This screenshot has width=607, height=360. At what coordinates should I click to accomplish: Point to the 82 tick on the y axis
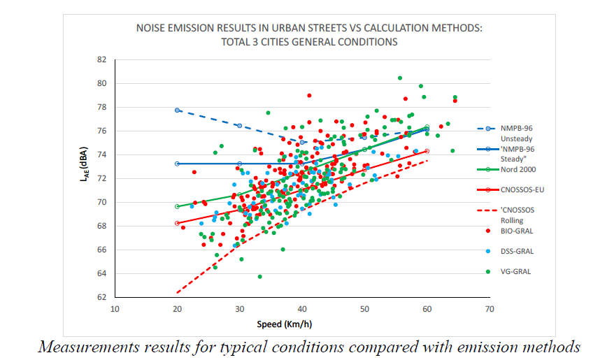[x=101, y=60]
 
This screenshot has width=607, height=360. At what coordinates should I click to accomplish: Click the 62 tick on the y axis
[x=101, y=297]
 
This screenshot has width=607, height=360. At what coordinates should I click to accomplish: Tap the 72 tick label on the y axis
[x=101, y=178]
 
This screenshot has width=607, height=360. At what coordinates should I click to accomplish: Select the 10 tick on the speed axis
[x=115, y=308]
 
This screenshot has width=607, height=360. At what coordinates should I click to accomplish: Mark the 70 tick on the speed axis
[x=489, y=308]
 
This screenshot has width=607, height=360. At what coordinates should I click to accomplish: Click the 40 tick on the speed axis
[x=302, y=308]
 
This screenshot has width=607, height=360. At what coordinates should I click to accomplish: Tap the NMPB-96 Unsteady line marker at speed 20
[x=178, y=110]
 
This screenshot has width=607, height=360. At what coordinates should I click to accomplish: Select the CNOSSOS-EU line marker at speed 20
[x=178, y=223]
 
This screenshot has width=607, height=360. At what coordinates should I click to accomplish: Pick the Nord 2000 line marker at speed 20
[x=178, y=206]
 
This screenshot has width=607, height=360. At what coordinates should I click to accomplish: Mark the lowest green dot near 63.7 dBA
[x=259, y=276]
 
